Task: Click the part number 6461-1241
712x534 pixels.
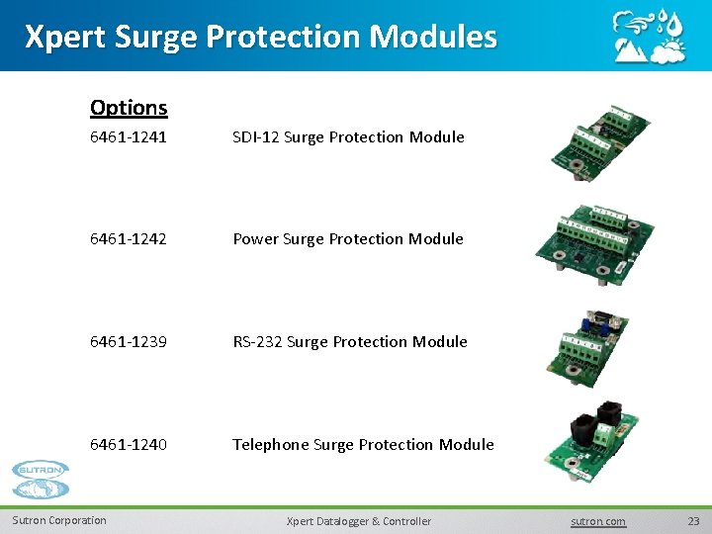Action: tap(129, 137)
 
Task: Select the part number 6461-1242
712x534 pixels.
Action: tap(129, 239)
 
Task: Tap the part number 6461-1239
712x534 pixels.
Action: tap(129, 342)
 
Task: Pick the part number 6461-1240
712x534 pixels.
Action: tap(129, 445)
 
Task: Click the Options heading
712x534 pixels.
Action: tap(129, 107)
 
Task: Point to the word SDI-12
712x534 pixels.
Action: tap(255, 137)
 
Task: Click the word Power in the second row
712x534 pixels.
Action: tap(255, 239)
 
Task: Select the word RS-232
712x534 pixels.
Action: tap(257, 342)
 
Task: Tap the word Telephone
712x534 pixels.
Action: tap(271, 445)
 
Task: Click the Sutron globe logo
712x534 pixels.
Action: tap(42, 481)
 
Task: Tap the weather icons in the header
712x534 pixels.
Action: tap(649, 37)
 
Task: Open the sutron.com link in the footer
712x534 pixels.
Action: tap(598, 521)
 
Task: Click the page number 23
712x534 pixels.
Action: tap(692, 521)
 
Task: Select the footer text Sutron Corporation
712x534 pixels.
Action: tap(59, 520)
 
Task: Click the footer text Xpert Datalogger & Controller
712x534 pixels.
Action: tap(358, 521)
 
